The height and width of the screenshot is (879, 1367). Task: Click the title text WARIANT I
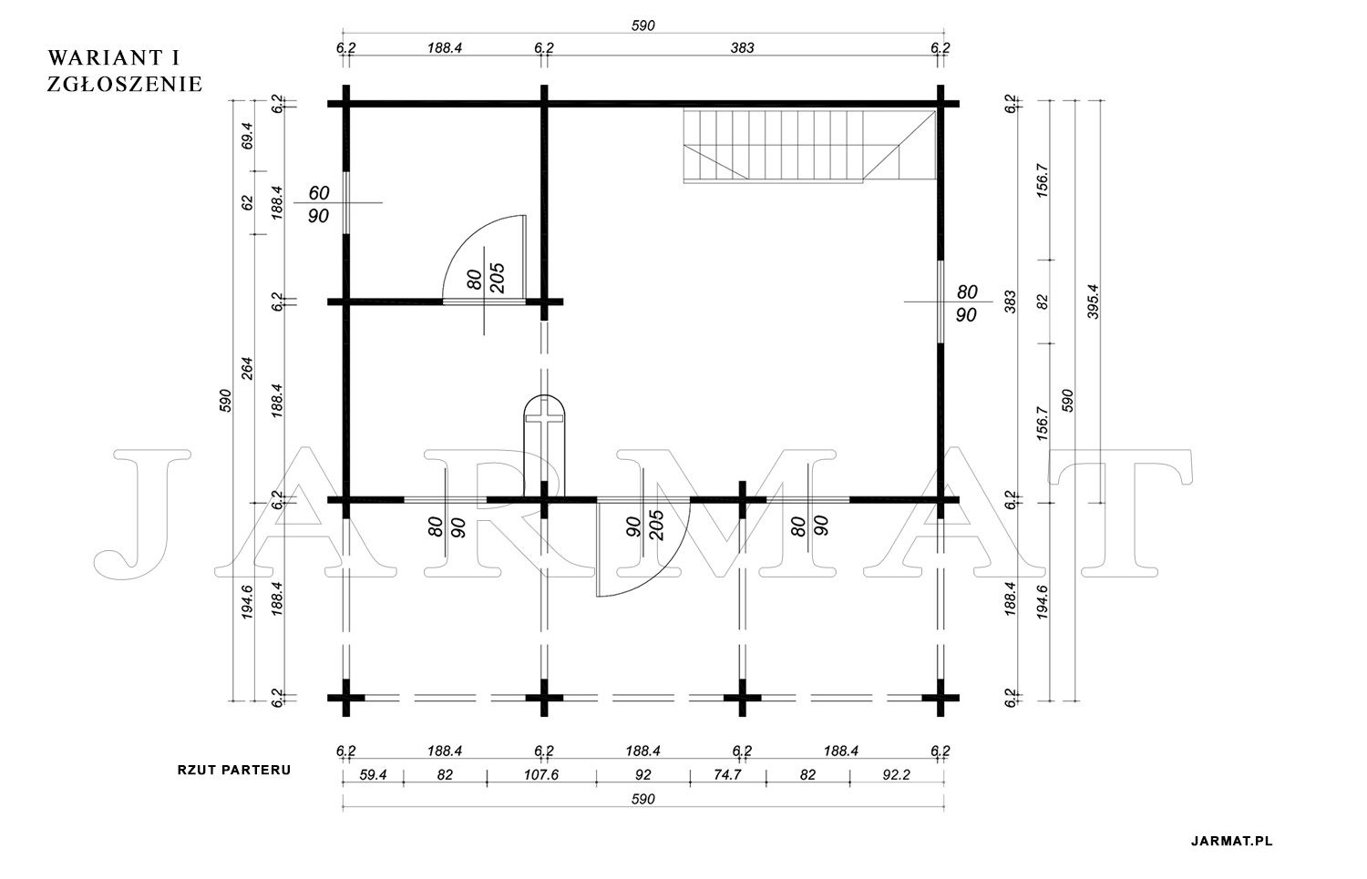click(114, 58)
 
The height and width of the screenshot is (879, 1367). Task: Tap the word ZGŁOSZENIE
click(125, 84)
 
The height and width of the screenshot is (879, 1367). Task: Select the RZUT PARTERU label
click(234, 770)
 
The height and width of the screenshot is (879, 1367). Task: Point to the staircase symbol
click(810, 146)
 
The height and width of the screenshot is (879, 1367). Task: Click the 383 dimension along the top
click(742, 48)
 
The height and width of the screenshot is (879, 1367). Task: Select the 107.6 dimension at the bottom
click(541, 774)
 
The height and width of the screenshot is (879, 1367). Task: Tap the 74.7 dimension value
click(727, 774)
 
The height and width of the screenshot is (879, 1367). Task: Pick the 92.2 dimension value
click(896, 774)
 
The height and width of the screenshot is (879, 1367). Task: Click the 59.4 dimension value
click(373, 774)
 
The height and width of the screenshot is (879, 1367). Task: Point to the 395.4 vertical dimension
click(1093, 302)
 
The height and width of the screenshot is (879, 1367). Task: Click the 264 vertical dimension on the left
click(247, 368)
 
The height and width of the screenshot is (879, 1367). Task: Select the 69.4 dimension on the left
click(247, 136)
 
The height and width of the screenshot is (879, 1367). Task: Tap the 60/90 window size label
click(319, 204)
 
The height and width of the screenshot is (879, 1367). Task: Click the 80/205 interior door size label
click(486, 279)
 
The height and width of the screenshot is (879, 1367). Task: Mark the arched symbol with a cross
click(544, 446)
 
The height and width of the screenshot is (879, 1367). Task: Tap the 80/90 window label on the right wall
click(967, 303)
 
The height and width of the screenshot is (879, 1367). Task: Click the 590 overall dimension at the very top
click(642, 26)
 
